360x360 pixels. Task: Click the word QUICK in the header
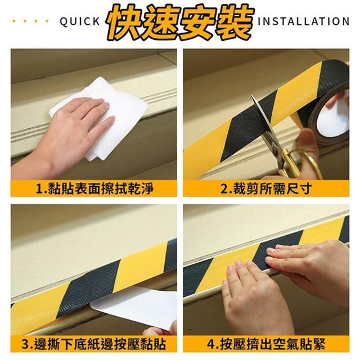pyautogui.click(x=80, y=21)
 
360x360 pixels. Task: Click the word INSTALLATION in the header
pyautogui.click(x=304, y=21)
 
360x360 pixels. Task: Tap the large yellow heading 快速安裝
pyautogui.click(x=180, y=22)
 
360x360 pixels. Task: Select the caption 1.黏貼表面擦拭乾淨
pyautogui.click(x=94, y=188)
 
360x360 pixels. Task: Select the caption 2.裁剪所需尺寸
pyautogui.click(x=266, y=188)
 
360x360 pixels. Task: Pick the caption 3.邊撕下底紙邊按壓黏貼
pyautogui.click(x=94, y=344)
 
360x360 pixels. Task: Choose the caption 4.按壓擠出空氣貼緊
pyautogui.click(x=266, y=344)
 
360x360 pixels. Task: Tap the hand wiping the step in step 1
pyautogui.click(x=66, y=136)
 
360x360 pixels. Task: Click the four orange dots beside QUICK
pyautogui.click(x=30, y=21)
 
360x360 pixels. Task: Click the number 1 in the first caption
pyautogui.click(x=39, y=189)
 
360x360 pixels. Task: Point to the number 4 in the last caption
pyautogui.click(x=211, y=345)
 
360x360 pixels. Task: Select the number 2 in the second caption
pyautogui.click(x=224, y=189)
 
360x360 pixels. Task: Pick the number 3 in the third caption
pyautogui.click(x=25, y=345)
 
